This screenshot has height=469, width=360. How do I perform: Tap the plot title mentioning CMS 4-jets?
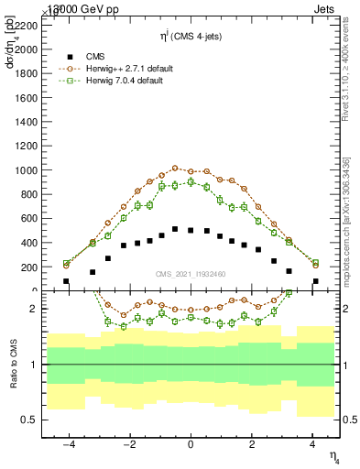tap(190, 37)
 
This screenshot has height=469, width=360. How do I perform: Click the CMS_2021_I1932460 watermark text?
tap(190, 275)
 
